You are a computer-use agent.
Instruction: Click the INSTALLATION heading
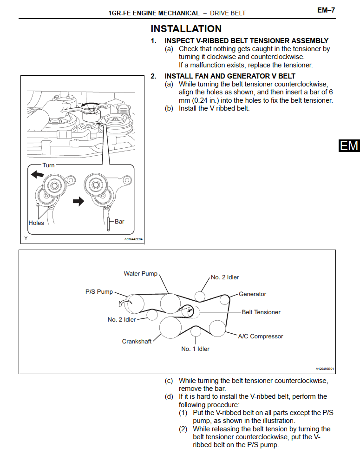186,29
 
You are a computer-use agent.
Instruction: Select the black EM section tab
349,145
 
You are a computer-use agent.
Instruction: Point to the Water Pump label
141,273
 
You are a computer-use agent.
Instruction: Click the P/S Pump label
99,292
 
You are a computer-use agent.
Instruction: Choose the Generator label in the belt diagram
252,294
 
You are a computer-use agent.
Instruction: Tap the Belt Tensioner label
261,312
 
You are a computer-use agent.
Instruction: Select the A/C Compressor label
260,336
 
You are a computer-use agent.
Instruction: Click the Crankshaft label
137,341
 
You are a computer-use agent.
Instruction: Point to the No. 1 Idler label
195,349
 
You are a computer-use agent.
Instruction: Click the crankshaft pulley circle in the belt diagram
170,327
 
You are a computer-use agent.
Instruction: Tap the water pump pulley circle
170,304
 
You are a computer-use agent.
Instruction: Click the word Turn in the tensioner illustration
48,165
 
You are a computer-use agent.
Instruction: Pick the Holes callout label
36,223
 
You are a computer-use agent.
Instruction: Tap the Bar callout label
119,222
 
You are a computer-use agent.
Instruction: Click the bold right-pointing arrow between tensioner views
79,201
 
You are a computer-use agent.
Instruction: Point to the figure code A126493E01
325,369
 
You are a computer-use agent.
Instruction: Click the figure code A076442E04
133,239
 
